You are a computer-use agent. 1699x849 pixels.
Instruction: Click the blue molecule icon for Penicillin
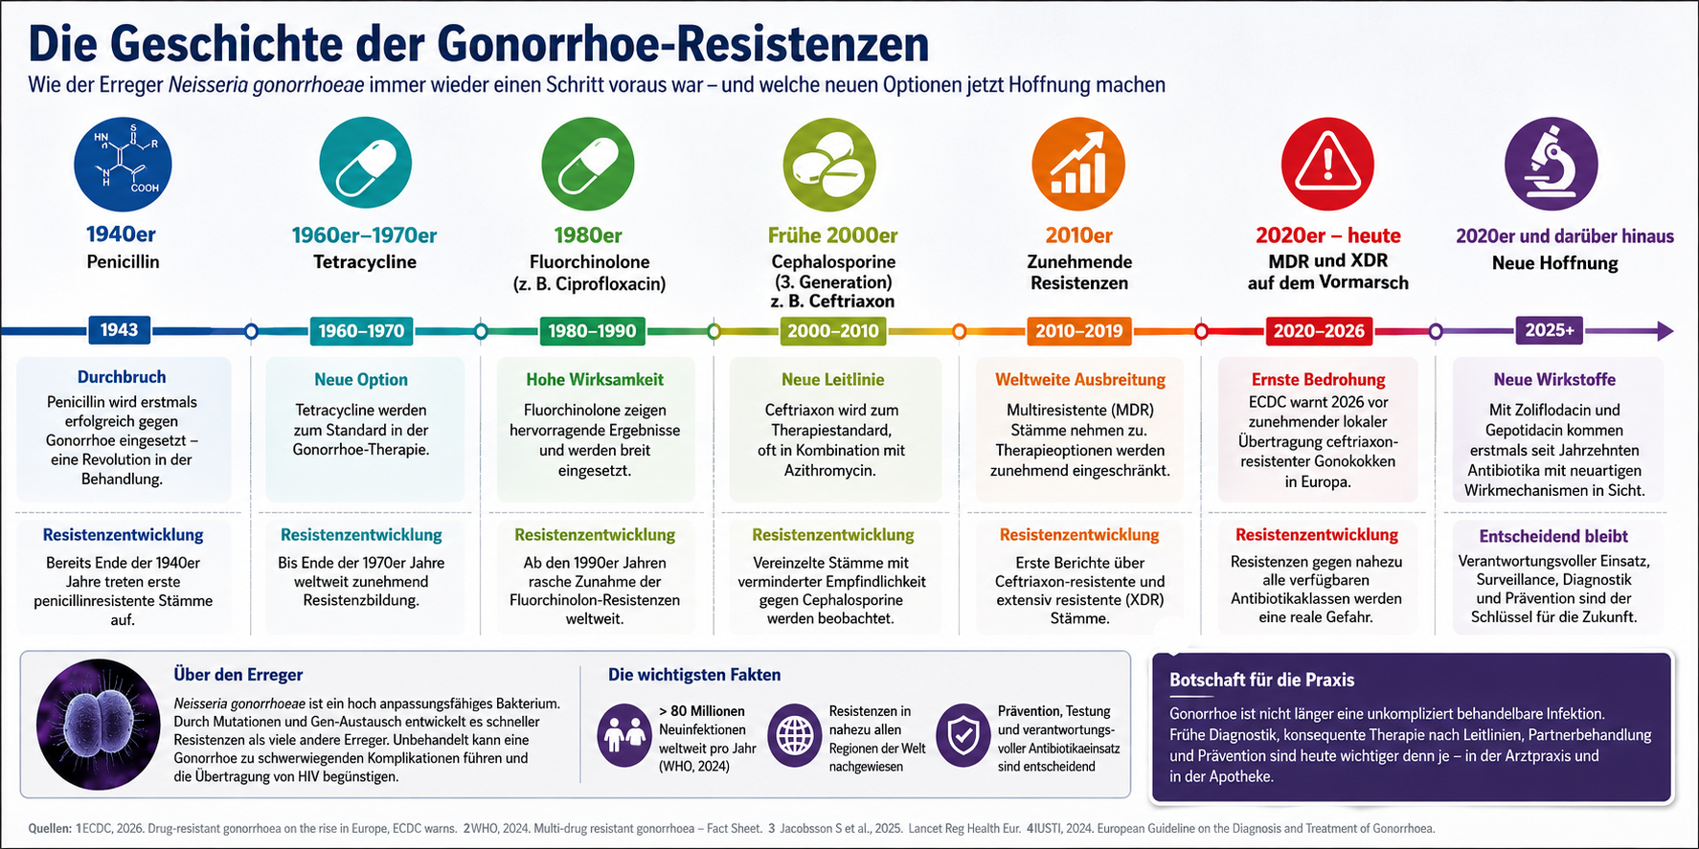point(123,165)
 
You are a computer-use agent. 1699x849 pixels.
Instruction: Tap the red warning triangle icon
point(1327,165)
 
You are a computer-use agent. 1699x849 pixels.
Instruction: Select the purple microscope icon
point(1552,165)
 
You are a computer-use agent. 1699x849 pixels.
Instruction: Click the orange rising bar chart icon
point(1078,165)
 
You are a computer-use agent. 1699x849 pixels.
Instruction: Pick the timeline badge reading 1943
point(119,330)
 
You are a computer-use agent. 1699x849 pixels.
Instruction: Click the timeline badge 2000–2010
point(833,331)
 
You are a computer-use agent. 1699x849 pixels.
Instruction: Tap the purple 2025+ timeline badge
point(1550,330)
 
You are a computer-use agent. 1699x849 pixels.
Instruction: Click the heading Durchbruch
point(122,377)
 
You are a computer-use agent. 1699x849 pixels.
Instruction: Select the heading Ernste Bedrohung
point(1318,380)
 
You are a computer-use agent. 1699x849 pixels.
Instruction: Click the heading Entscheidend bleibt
point(1553,537)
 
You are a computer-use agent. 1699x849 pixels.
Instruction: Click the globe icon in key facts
point(794,736)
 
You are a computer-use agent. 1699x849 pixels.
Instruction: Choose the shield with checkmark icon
point(963,736)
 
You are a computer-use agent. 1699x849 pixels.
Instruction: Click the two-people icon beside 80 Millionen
point(623,736)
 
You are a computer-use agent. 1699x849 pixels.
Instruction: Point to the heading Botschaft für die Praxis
point(1261,681)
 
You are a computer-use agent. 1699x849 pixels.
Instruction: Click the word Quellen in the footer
point(50,829)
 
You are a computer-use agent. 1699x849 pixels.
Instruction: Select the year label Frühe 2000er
point(832,235)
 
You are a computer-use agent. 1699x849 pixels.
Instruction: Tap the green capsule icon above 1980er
point(588,165)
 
